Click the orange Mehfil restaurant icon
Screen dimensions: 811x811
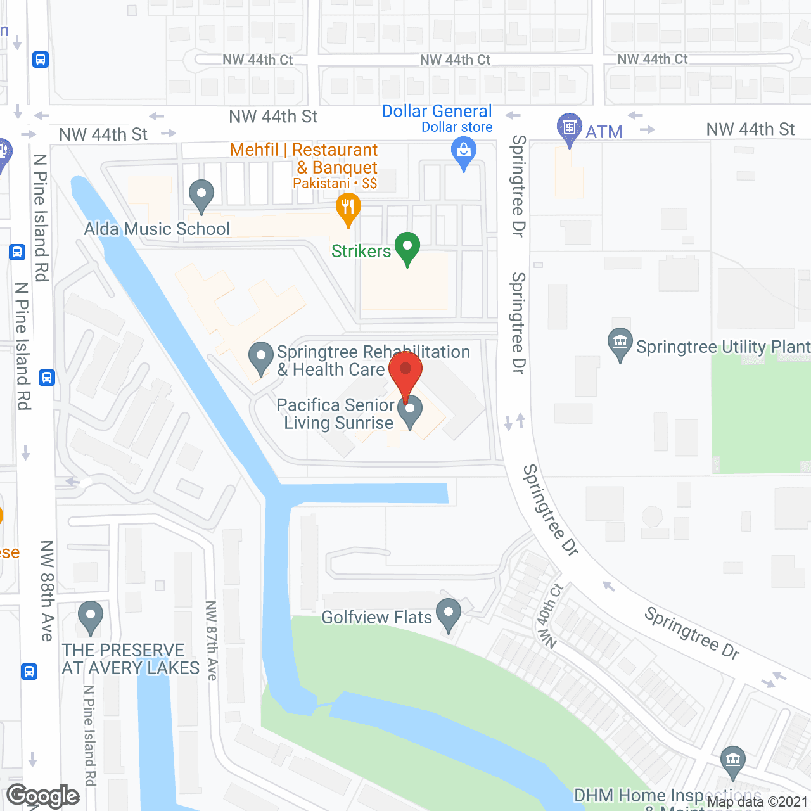tap(348, 207)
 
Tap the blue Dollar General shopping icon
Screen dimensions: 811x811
tap(464, 153)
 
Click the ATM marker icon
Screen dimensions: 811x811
tap(569, 127)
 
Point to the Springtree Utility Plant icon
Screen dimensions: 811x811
tap(620, 343)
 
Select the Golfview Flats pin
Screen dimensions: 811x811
tap(449, 613)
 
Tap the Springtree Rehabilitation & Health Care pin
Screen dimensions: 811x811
tap(260, 357)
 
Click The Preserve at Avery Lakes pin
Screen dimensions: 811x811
tap(91, 615)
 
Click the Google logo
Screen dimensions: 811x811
tap(43, 796)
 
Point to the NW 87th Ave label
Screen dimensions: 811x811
tap(212, 641)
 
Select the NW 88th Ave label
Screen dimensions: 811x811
tap(47, 591)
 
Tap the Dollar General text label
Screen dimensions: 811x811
tap(437, 112)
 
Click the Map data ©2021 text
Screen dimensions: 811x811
tap(758, 802)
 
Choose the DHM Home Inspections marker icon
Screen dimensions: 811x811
tap(733, 760)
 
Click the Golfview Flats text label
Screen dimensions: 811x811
tap(376, 617)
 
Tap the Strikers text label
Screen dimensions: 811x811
tap(361, 252)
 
